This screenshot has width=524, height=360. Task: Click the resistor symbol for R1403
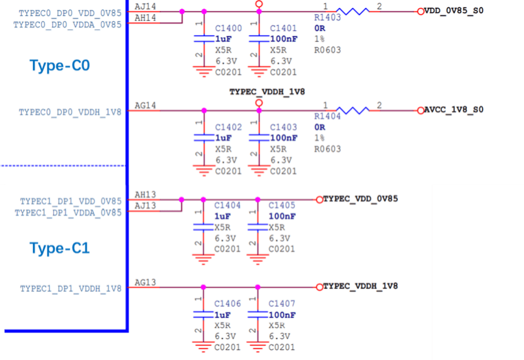point(352,11)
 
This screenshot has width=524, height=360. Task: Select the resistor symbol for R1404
point(352,110)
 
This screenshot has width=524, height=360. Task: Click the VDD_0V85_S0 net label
point(454,11)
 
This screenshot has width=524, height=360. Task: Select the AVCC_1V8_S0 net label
point(454,110)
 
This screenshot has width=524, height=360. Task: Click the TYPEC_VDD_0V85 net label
point(360,199)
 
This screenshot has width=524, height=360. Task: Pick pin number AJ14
point(145,7)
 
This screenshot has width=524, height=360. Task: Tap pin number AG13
point(145,283)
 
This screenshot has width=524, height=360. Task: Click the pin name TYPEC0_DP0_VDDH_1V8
point(70,112)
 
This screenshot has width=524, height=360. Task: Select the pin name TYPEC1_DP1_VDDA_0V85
point(68,212)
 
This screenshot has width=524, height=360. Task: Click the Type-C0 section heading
point(59,66)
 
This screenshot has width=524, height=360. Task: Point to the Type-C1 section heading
point(59,248)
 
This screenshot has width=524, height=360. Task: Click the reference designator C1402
point(229,127)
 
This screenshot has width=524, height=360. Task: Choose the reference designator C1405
point(282,206)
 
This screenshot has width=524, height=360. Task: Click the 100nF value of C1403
point(284,138)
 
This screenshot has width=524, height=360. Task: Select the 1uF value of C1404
point(222,216)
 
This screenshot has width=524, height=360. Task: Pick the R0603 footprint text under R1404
point(327,149)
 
